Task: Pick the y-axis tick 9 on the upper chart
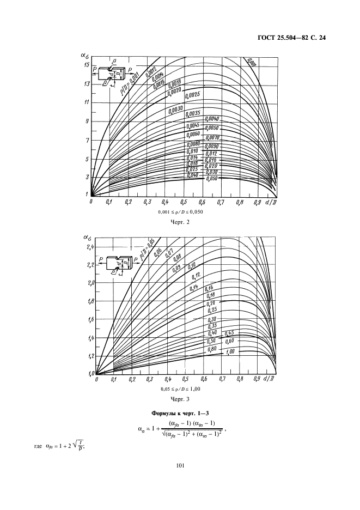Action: [87, 122]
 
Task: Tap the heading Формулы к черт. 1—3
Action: [180, 416]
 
